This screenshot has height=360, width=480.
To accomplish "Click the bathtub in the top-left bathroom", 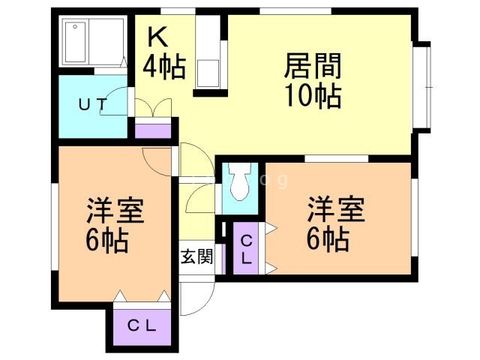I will coord(94,42).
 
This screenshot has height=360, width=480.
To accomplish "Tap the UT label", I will coord(94,105).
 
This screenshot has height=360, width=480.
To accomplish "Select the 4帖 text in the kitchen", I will coord(164,68).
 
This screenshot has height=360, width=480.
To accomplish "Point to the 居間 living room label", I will coord(313,67).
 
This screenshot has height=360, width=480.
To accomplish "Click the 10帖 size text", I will coord(313,97).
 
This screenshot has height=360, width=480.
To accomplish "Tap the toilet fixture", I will coord(240,184).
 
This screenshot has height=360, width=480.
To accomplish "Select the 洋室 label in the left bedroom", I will coord(115,210).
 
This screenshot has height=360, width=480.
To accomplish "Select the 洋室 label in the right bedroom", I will coord(335,208).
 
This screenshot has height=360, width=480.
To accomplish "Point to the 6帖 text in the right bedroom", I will coord(326,240).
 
